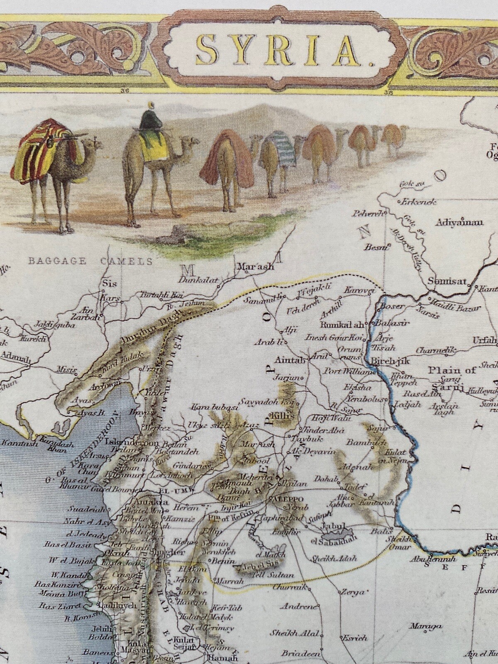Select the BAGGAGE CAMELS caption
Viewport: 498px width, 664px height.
(x=90, y=261)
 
